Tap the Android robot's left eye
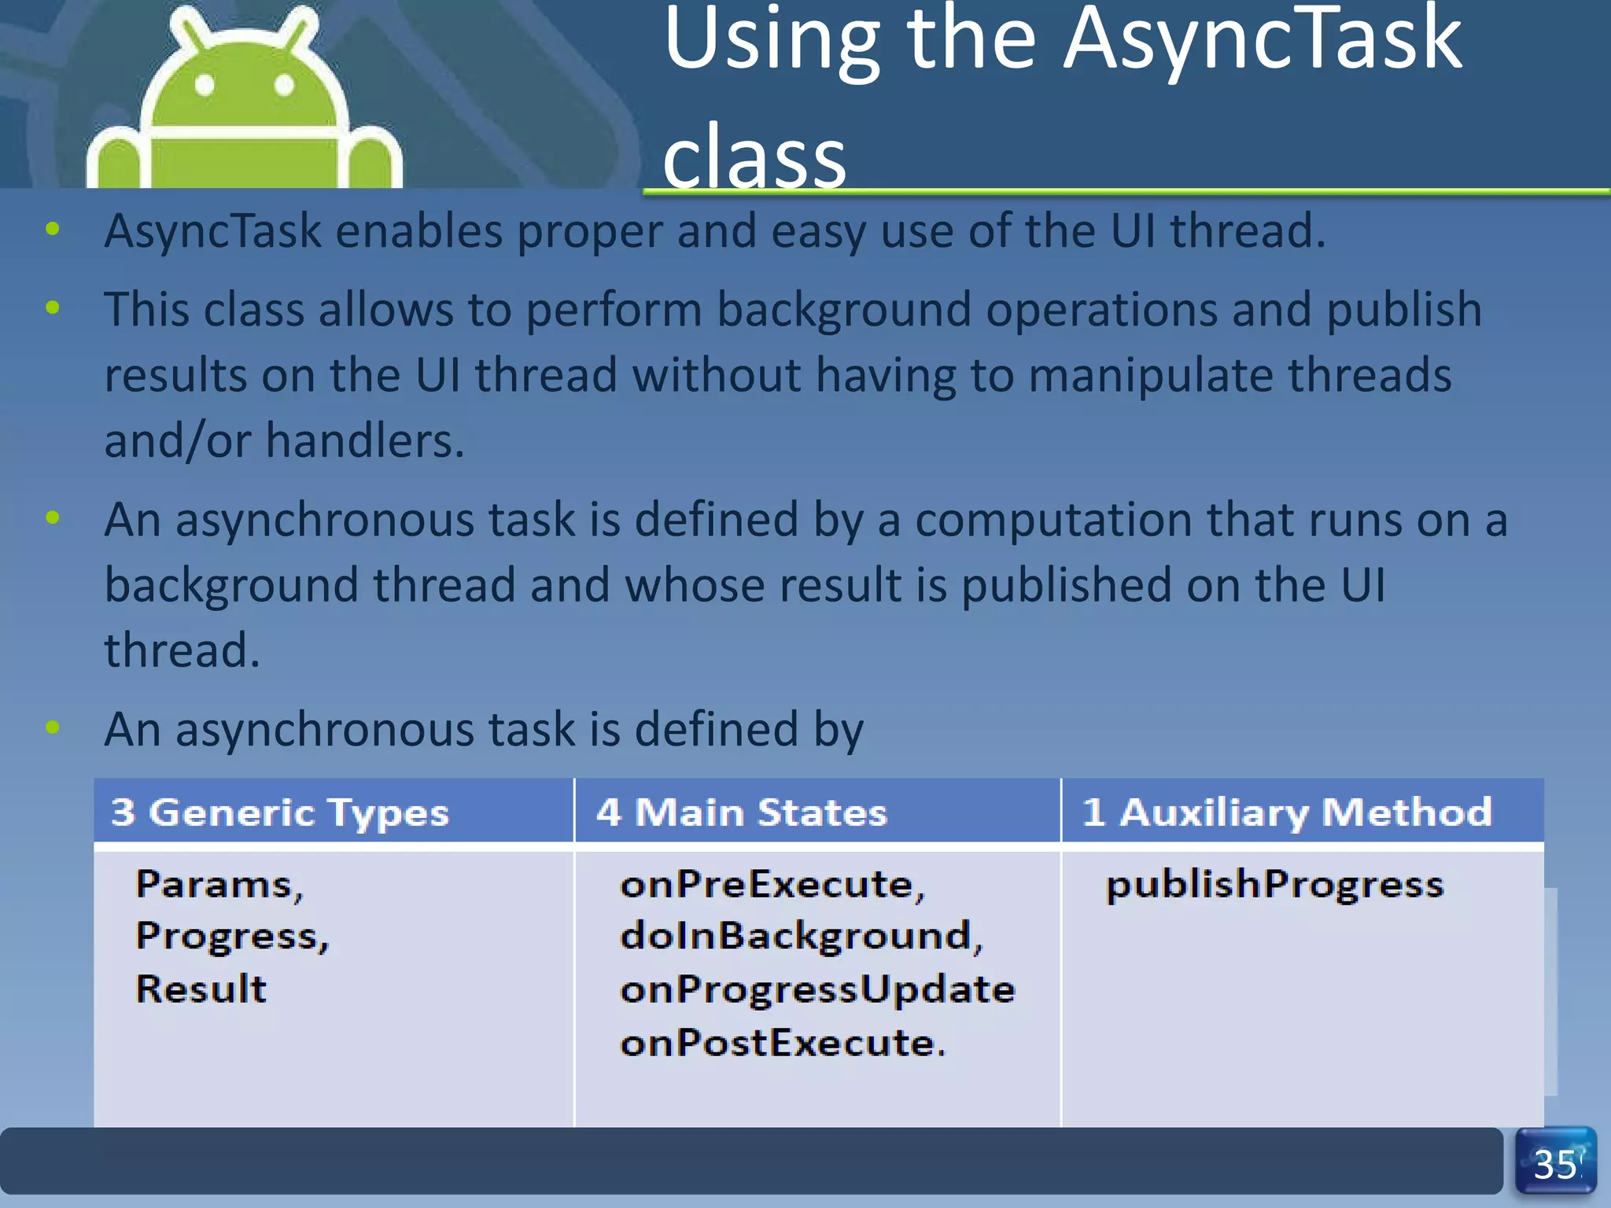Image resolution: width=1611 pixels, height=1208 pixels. [205, 84]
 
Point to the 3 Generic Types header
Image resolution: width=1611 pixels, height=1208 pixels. [280, 812]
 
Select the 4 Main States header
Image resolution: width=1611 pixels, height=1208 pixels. [742, 812]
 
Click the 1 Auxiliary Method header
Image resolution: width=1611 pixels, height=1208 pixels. [1287, 812]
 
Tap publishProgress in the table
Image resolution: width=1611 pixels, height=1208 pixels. [1274, 885]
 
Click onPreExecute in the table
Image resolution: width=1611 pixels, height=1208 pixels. [767, 885]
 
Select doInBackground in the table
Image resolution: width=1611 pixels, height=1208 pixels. [796, 936]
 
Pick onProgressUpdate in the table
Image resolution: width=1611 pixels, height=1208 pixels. [817, 989]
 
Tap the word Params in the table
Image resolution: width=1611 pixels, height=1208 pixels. [214, 885]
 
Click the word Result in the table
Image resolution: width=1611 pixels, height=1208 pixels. [201, 989]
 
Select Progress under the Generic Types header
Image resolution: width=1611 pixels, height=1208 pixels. [227, 936]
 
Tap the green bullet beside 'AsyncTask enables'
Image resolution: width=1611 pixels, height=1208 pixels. [53, 229]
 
